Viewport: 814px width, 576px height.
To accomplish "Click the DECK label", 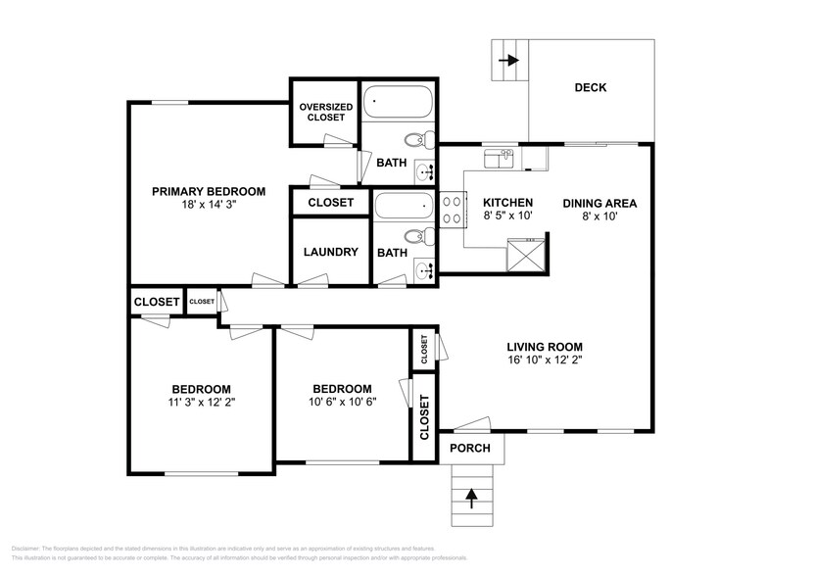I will click(x=590, y=88).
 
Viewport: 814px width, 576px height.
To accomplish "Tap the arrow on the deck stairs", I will click(x=509, y=61).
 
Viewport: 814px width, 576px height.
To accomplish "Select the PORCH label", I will click(x=470, y=449).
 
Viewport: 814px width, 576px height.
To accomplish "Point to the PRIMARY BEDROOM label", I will click(x=208, y=191).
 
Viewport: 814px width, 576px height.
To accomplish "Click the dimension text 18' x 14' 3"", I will click(x=209, y=206).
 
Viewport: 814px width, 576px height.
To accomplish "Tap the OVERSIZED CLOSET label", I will click(x=323, y=112).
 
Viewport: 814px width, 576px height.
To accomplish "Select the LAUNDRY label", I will click(x=330, y=252).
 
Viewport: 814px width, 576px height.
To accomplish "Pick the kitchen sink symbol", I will click(x=499, y=159).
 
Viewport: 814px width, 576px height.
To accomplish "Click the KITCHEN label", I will click(x=507, y=204).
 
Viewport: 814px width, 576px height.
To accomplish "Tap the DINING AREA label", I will click(x=599, y=204).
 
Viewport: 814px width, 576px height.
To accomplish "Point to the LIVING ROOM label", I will click(x=545, y=347).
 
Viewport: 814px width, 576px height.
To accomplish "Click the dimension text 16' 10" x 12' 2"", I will click(x=545, y=360).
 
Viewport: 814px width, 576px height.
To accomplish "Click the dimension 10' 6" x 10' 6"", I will click(x=342, y=402).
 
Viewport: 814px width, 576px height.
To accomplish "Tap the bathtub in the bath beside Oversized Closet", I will click(x=397, y=103).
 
